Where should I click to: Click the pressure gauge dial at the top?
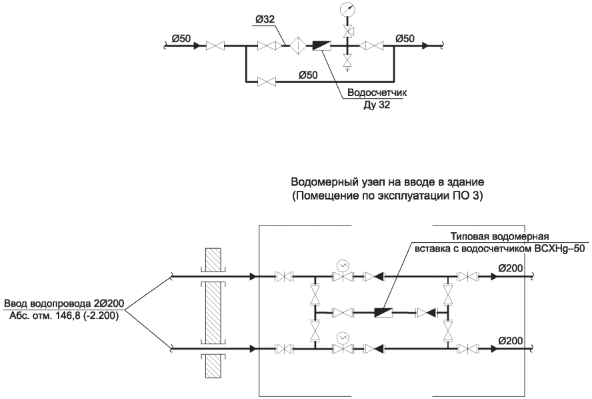tap(347, 8)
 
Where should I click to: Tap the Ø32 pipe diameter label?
tap(265, 20)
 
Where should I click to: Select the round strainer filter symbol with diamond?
tap(298, 46)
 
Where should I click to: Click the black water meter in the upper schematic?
tap(322, 46)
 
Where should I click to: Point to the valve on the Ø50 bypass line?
tap(266, 81)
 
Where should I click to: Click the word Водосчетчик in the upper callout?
tap(377, 93)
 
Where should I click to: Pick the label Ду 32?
tap(377, 105)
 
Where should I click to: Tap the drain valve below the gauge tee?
tap(347, 61)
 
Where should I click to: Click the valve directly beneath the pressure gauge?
tap(347, 31)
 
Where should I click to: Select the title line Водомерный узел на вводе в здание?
tap(387, 182)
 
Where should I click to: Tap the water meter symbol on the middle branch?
tap(383, 312)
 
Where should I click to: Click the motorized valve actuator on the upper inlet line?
tap(343, 266)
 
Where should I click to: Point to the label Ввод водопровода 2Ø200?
tap(64, 304)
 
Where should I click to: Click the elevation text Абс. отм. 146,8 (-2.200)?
tap(64, 316)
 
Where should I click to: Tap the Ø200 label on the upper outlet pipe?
tap(511, 268)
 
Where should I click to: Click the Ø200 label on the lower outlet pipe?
tap(511, 341)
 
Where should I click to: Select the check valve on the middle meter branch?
tap(425, 312)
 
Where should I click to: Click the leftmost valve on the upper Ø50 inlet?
tap(215, 46)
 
